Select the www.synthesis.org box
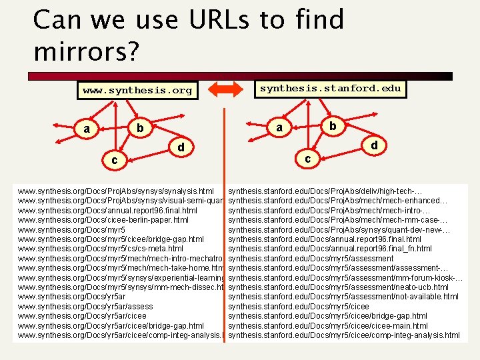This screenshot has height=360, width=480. tap(137, 89)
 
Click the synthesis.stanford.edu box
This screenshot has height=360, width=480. tap(330, 88)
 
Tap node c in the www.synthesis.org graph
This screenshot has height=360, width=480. tap(115, 161)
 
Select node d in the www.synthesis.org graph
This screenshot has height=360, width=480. tap(180, 146)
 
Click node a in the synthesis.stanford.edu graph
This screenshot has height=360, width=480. tap(279, 127)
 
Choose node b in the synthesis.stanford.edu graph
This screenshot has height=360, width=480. tap(332, 125)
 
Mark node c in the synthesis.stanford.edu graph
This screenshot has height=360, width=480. tap(307, 159)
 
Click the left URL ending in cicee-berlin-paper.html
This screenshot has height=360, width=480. tap(103, 220)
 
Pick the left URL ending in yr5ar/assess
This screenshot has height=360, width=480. tap(85, 307)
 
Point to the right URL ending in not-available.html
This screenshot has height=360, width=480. tap(343, 297)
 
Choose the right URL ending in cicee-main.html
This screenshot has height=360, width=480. tap(327, 325)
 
